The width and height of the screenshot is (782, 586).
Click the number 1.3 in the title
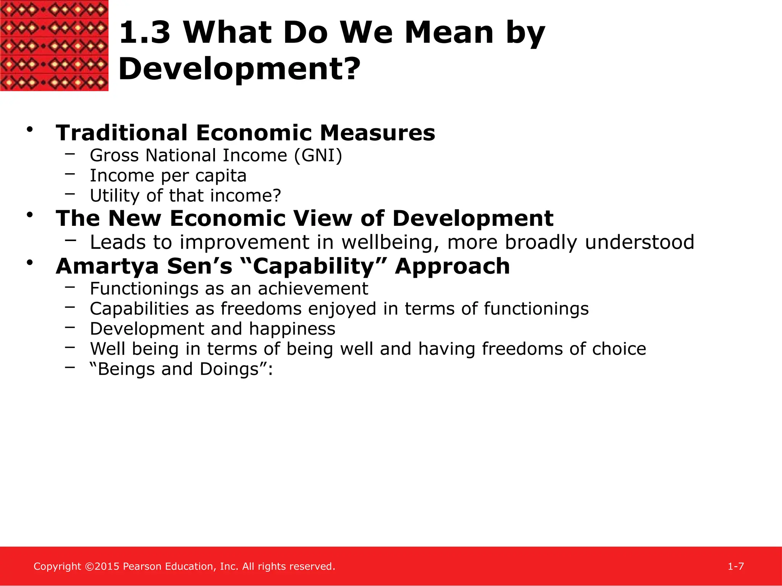pos(144,33)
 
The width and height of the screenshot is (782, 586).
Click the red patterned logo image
pos(54,45)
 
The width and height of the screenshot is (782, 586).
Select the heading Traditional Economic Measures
pos(245,133)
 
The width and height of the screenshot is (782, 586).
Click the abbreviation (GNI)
pos(318,156)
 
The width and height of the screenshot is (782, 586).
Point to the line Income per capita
pos(168,176)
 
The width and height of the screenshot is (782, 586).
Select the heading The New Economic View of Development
pos(304,219)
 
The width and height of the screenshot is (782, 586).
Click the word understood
pos(639,243)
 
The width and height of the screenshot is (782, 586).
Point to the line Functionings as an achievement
pos(229,289)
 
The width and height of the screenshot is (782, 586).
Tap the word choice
pos(619,349)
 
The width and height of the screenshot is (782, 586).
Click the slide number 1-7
pos(735,567)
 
